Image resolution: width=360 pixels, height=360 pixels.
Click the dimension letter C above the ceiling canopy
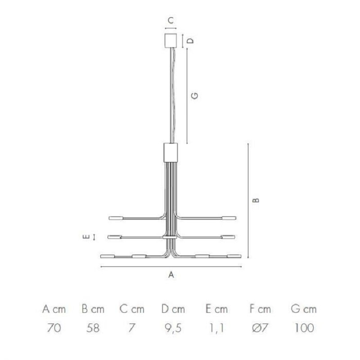171,20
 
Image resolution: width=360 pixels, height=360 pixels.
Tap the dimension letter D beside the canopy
190,40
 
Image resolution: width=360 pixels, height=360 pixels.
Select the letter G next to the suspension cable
195,95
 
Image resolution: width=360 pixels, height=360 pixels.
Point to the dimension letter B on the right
256,200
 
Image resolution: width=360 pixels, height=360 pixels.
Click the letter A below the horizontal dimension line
171,274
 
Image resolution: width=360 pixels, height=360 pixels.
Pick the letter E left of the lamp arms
86,237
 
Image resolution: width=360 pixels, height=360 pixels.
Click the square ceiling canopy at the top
171,40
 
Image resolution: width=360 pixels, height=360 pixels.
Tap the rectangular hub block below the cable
171,152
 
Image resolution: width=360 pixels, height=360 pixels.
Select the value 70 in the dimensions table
54,328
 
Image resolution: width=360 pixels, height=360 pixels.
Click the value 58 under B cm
93,328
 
